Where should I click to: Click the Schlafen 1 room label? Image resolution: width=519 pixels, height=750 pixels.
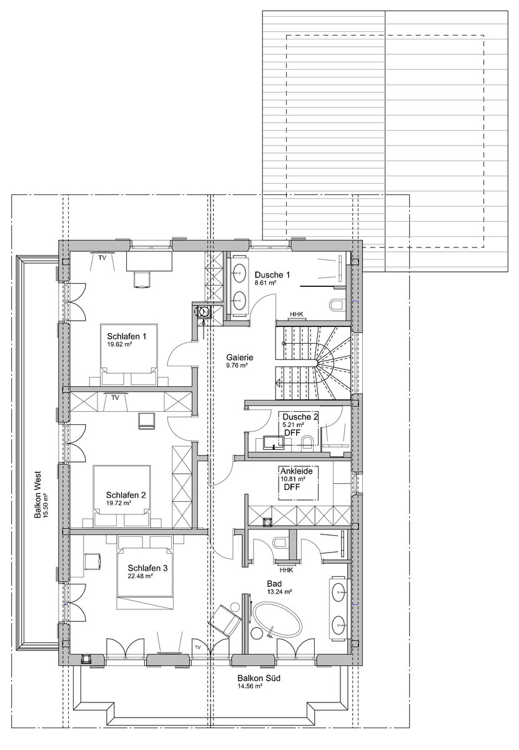[127, 336]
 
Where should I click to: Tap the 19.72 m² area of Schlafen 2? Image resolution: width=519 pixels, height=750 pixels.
[118, 502]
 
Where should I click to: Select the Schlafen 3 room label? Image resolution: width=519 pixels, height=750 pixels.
[147, 567]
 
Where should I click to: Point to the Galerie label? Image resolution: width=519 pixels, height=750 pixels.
[240, 357]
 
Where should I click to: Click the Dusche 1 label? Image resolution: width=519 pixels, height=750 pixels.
[273, 275]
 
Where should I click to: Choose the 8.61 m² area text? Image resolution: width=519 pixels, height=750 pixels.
[265, 283]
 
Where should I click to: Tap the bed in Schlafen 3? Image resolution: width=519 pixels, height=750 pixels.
[145, 578]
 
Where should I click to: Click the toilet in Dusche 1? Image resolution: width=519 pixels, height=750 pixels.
[337, 305]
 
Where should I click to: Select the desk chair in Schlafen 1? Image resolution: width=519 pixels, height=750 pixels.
[143, 278]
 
